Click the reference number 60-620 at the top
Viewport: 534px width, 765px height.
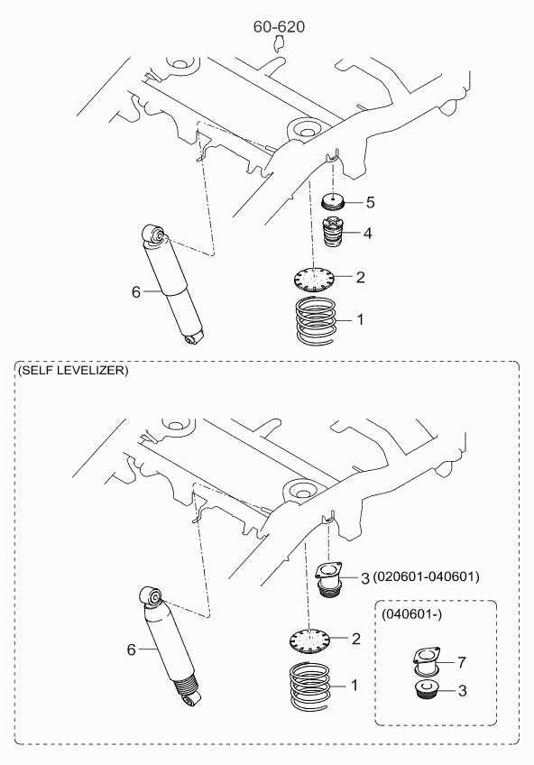(279, 27)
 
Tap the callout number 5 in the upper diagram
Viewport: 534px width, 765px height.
(370, 202)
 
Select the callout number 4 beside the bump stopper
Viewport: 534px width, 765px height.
(367, 234)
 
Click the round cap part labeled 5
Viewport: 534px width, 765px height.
(334, 201)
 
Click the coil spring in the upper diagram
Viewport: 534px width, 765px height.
(317, 319)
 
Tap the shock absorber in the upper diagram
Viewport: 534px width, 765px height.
(172, 284)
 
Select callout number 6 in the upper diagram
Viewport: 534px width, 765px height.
(135, 291)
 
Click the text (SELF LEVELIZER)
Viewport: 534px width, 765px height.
(73, 370)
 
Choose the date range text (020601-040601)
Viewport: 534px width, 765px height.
(427, 576)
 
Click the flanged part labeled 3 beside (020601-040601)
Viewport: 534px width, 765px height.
(328, 579)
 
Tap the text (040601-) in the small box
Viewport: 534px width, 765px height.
(412, 614)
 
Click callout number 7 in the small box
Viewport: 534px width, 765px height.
(462, 662)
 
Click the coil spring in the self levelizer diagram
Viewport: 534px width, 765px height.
(310, 686)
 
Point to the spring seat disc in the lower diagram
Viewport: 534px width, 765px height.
(310, 639)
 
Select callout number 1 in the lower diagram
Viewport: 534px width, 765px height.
(354, 685)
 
